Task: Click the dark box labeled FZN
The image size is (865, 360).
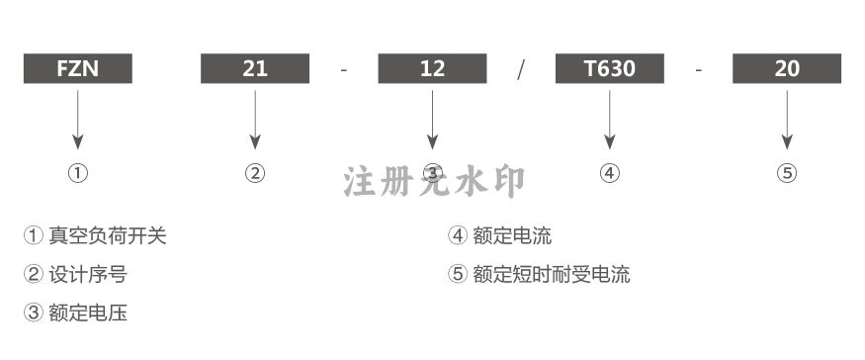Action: (78, 68)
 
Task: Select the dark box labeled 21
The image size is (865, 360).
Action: (255, 68)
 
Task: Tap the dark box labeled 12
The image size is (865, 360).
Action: (433, 68)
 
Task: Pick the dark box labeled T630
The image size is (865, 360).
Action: (610, 68)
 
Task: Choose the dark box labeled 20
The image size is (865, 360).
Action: (787, 68)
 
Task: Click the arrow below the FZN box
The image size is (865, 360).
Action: (78, 120)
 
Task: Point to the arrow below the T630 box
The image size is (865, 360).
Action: (610, 120)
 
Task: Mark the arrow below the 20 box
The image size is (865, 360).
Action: (787, 120)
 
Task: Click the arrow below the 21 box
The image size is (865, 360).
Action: (255, 120)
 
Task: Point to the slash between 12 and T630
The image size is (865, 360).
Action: (521, 69)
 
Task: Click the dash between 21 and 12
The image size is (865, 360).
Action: (344, 70)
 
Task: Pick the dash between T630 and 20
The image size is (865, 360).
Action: (698, 70)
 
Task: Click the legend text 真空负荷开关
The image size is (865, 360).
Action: (108, 235)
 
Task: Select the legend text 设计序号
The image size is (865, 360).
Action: (88, 274)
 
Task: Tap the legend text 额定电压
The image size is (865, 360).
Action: (88, 314)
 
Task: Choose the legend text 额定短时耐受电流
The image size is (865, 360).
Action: (551, 274)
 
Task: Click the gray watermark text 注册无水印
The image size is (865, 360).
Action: (434, 182)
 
